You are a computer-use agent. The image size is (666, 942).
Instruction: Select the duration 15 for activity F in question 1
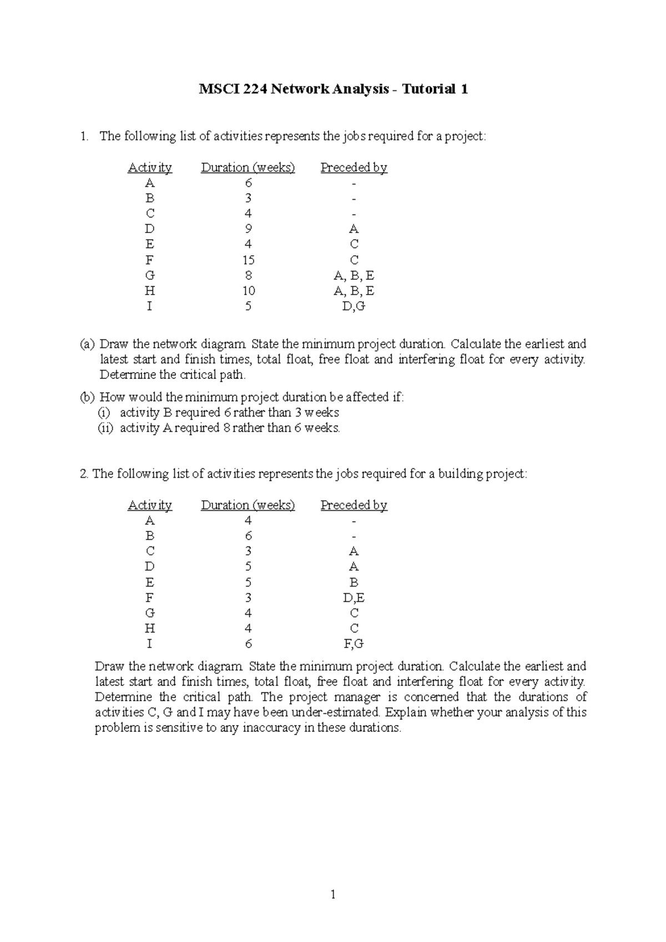tap(248, 260)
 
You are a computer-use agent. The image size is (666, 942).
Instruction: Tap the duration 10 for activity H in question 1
tap(248, 291)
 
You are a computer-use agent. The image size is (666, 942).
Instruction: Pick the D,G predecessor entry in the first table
tap(354, 306)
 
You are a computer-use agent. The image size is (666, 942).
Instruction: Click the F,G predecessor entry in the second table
tap(354, 644)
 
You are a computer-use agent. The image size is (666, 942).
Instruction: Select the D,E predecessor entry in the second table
tap(354, 597)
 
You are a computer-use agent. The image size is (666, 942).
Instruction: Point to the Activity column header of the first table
tap(150, 168)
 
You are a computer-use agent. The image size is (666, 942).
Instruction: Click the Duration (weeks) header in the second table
tap(248, 505)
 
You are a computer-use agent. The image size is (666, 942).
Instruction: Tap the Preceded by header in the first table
tap(354, 168)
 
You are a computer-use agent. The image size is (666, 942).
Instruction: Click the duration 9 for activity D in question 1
tap(248, 229)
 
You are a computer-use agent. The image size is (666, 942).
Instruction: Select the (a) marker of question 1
tap(87, 344)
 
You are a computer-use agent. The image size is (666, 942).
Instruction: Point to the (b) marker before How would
tap(88, 397)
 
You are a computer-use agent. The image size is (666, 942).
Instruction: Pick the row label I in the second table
tap(149, 644)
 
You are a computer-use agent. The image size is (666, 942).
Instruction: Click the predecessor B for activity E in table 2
tap(354, 583)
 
